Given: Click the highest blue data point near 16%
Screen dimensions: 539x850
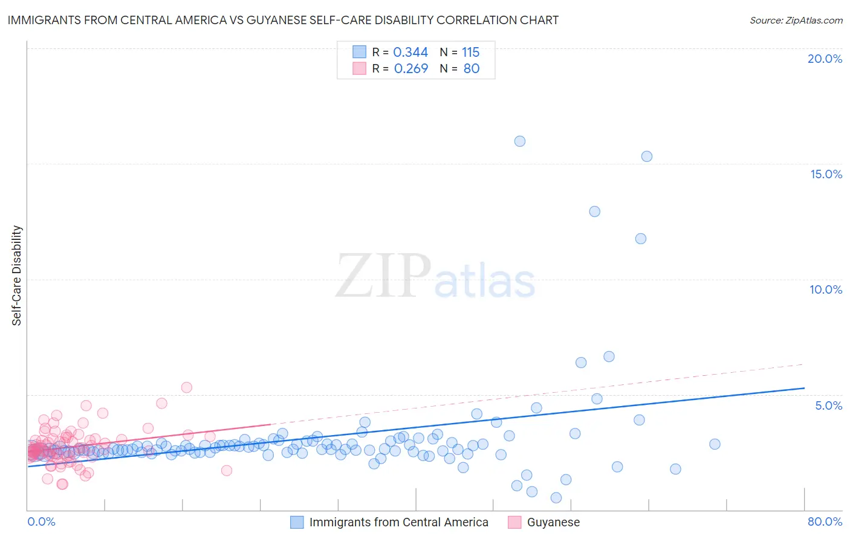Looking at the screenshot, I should tap(519, 141).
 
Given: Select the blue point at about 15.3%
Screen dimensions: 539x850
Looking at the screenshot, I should tap(646, 157).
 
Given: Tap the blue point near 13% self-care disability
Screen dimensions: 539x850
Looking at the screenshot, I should tap(594, 211).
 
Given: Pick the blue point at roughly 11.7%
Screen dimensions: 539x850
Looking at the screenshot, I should tap(640, 239).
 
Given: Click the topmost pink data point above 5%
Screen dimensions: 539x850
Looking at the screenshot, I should tap(186, 387).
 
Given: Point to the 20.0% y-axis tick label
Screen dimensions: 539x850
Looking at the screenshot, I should tap(825, 59).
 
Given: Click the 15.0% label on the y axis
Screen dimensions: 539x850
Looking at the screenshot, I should tap(826, 174).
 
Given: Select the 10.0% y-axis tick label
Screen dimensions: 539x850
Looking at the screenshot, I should tap(826, 289).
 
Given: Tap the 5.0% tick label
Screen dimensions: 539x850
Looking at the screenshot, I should tap(828, 405).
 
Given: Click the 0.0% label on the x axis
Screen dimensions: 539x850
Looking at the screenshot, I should tap(41, 521).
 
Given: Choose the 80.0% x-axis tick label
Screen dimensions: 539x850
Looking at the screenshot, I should tap(825, 521).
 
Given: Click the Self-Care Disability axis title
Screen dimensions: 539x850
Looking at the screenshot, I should tap(17, 276).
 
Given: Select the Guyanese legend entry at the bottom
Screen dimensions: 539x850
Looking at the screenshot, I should tap(553, 522).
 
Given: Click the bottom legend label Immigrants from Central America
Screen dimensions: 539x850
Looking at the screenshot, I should tap(398, 522).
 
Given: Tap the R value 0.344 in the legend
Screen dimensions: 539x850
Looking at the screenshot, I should tap(410, 53).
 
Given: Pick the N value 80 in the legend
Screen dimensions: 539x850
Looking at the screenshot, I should tap(472, 69).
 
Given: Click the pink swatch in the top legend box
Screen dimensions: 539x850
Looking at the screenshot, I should tap(359, 69).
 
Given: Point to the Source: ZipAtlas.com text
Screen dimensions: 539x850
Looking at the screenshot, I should tap(796, 21).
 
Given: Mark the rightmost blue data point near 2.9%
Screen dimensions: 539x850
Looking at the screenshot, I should tap(715, 444).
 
